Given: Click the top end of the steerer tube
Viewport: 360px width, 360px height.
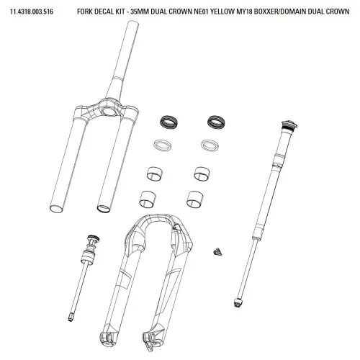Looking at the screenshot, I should [x=132, y=24].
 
